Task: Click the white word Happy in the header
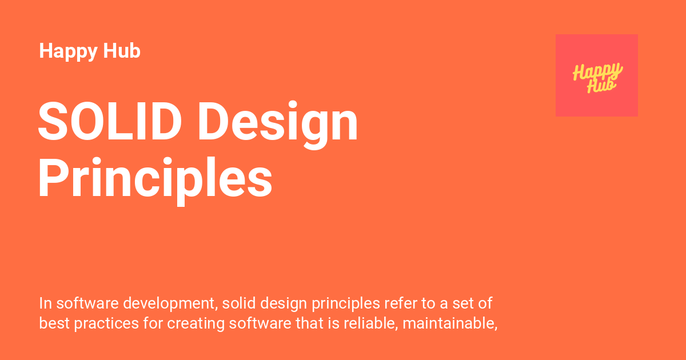click(x=68, y=51)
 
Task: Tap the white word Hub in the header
click(x=122, y=50)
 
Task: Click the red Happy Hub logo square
click(x=597, y=75)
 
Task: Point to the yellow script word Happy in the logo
click(x=598, y=71)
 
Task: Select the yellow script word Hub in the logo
click(x=601, y=85)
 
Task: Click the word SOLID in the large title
click(x=110, y=121)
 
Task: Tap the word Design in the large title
click(x=278, y=124)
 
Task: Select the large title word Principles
click(x=155, y=181)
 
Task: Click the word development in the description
click(x=170, y=304)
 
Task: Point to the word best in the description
click(x=54, y=323)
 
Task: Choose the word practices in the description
click(x=106, y=324)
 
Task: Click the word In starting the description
click(x=45, y=303)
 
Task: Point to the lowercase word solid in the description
click(x=239, y=303)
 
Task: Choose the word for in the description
click(x=153, y=323)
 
